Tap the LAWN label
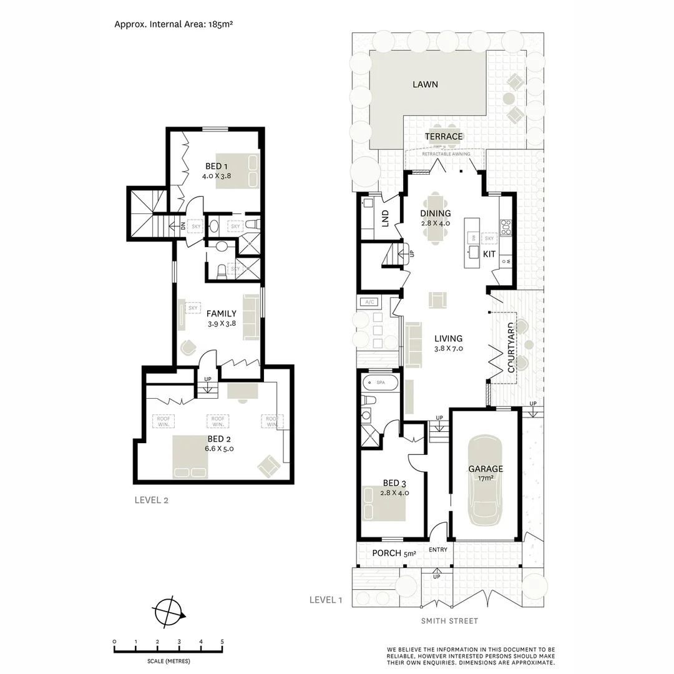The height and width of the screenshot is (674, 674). click(x=425, y=84)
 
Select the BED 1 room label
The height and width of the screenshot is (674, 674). click(x=217, y=166)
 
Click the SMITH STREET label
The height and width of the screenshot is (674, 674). click(x=450, y=621)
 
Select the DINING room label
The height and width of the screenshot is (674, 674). click(x=436, y=213)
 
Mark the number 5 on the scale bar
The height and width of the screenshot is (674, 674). click(x=222, y=642)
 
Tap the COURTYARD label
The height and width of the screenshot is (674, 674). click(x=511, y=347)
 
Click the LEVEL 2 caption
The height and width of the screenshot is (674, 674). click(x=152, y=500)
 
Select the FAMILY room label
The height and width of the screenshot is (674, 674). click(x=222, y=313)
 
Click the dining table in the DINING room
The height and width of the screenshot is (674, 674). click(x=436, y=220)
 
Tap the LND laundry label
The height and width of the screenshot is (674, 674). click(x=385, y=218)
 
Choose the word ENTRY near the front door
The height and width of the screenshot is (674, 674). click(x=438, y=550)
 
